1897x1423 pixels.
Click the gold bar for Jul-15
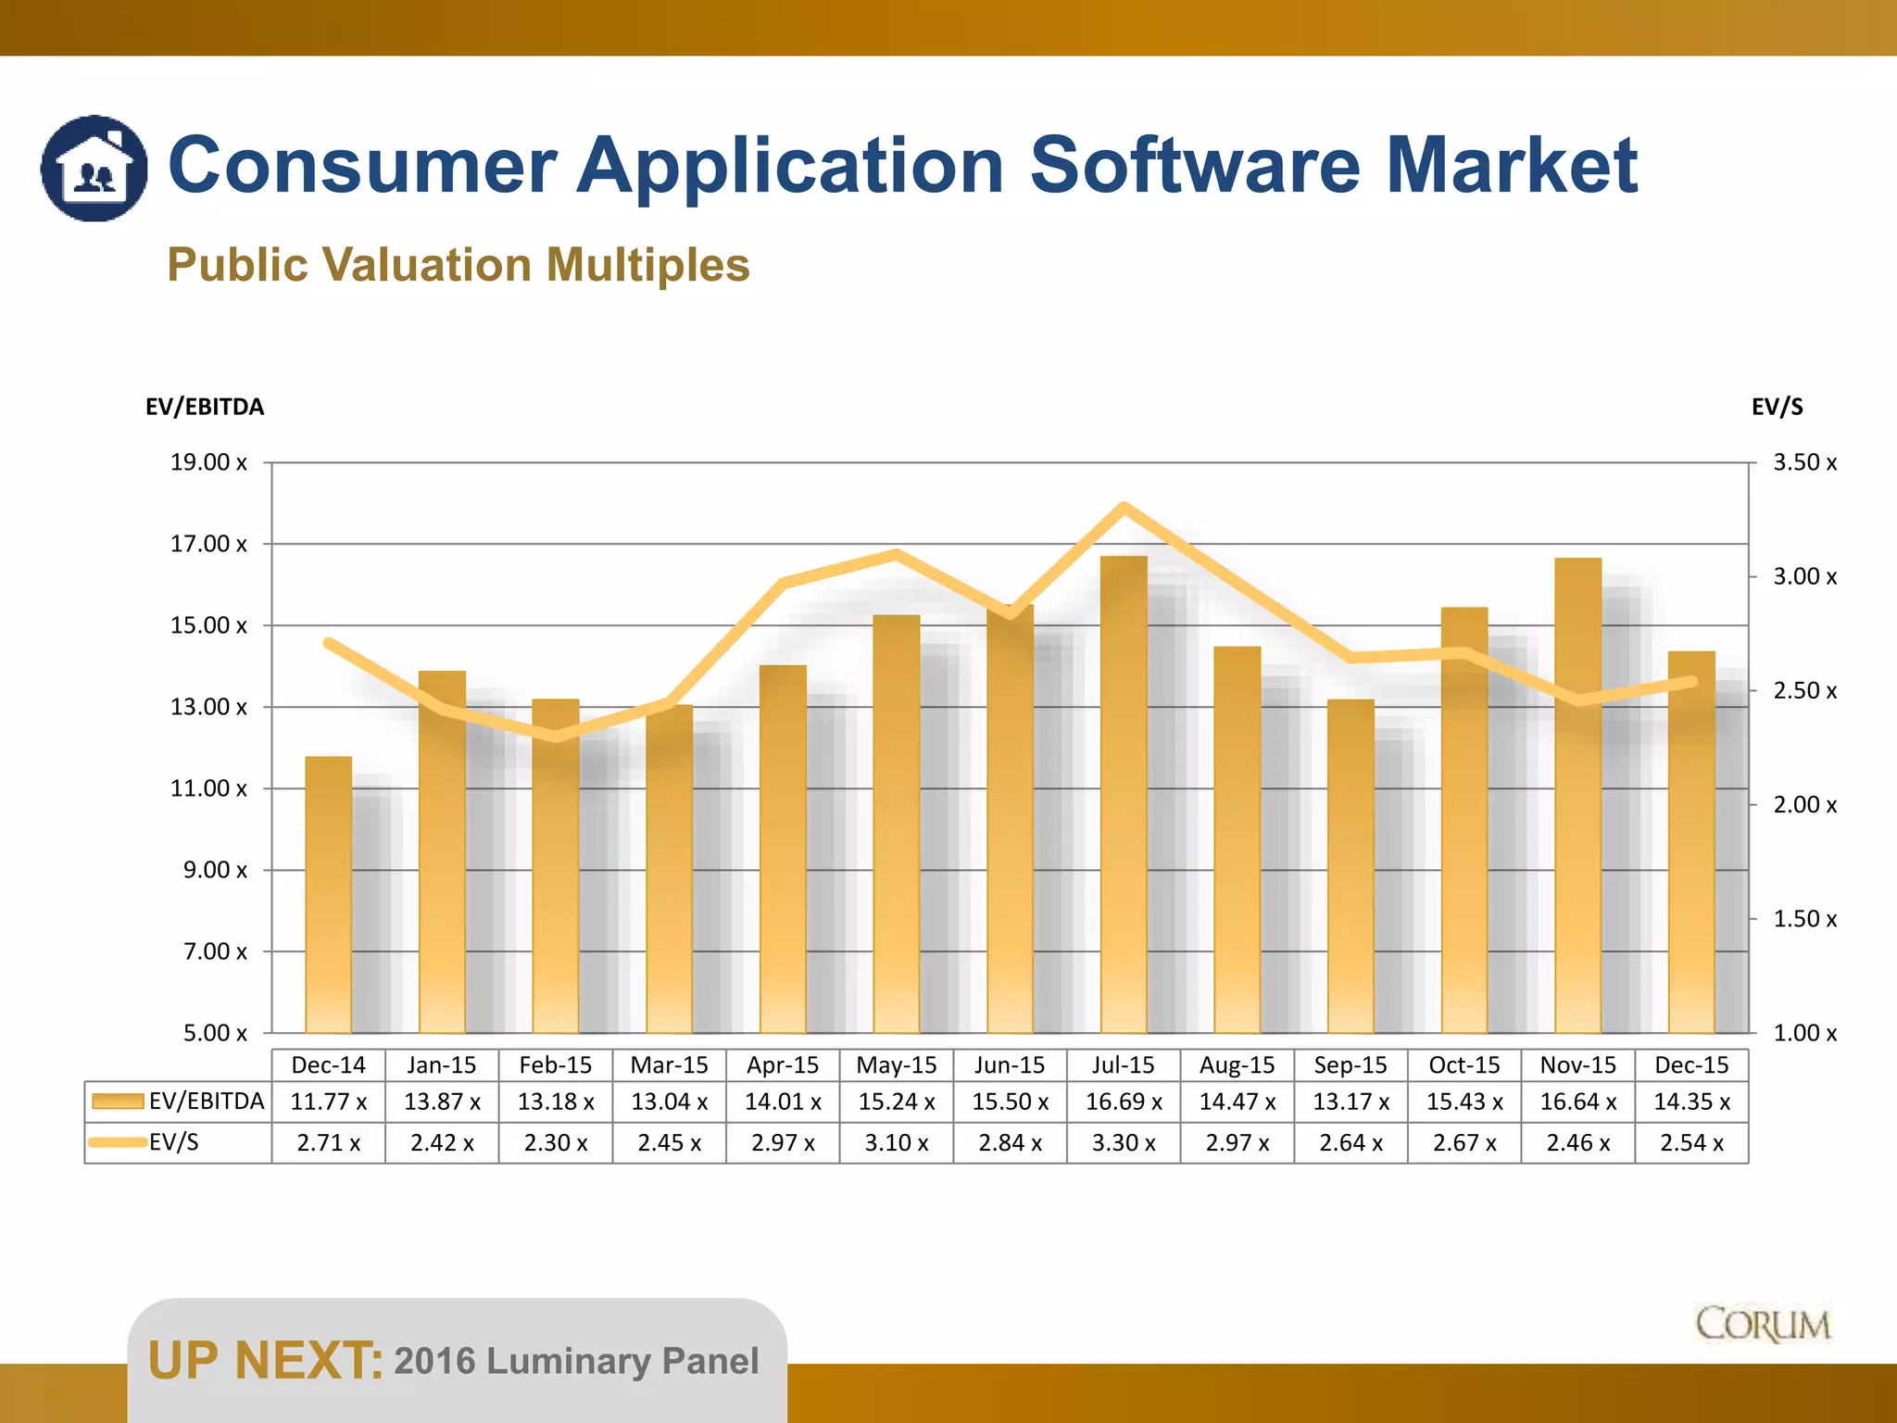(1124, 797)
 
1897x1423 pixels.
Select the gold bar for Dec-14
(328, 894)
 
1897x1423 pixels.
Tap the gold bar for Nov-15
(1577, 797)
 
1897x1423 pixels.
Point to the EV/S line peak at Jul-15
(1124, 507)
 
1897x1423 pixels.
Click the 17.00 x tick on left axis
(208, 544)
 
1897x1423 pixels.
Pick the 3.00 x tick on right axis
(1804, 576)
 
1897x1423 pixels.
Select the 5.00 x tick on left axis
(215, 1033)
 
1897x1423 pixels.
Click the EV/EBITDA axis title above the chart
(205, 407)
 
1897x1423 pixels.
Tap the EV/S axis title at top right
(1777, 407)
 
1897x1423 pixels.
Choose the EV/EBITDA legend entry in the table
(178, 1102)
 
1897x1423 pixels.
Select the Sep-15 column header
(1351, 1065)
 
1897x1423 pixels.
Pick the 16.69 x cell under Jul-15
(1124, 1102)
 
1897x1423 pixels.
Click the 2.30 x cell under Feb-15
(556, 1143)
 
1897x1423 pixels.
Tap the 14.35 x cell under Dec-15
(1691, 1102)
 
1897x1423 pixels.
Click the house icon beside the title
(94, 169)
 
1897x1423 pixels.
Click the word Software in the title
(1194, 166)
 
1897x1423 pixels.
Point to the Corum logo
(1763, 1325)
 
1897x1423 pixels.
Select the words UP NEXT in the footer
(264, 1361)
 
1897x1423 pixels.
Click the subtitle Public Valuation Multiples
(459, 265)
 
